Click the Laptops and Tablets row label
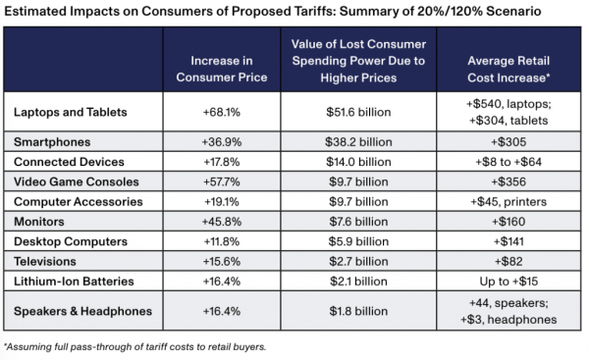70,113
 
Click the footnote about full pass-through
135,346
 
